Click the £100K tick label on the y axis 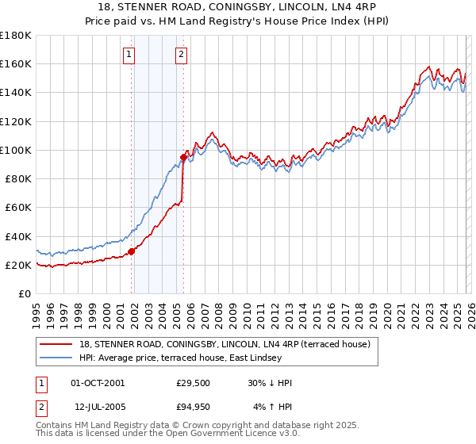pos(16,150)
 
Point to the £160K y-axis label pos(16,63)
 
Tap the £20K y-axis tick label pos(18,265)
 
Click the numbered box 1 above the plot pos(129,55)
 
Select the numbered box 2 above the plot pos(181,55)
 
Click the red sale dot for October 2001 pos(132,251)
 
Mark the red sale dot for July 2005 pos(184,157)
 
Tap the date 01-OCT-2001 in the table pos(98,383)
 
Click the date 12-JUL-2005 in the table pos(98,407)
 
